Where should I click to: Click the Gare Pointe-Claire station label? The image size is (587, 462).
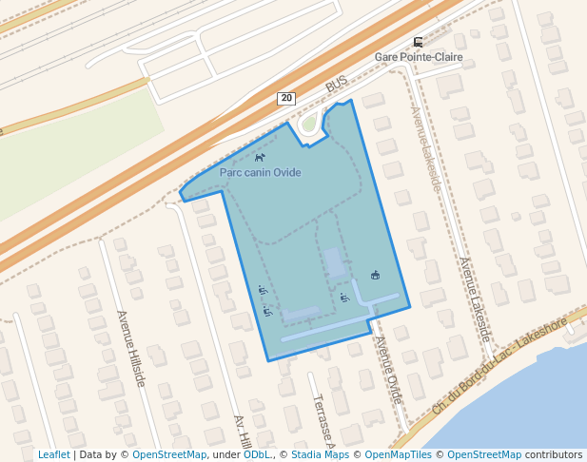419,57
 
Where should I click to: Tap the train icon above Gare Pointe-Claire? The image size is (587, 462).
419,42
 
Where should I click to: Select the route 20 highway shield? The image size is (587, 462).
286,99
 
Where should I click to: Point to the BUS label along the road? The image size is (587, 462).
337,85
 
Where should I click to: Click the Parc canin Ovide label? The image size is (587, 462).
260,173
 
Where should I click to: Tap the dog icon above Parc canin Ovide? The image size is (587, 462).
260,158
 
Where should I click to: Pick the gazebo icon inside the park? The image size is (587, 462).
376,276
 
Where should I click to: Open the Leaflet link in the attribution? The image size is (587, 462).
53,454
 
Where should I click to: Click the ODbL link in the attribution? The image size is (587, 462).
258,454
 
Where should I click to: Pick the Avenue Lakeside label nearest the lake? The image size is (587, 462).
475,299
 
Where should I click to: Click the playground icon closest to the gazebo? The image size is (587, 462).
344,298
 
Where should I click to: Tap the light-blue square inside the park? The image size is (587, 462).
334,262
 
